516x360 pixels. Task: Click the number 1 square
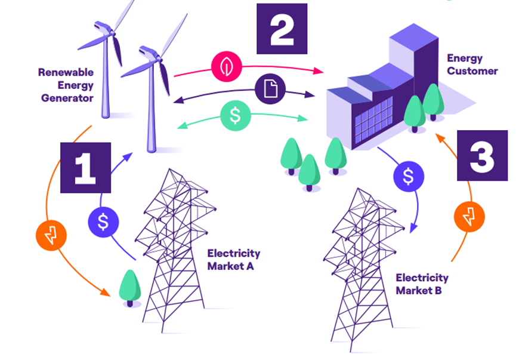(x=85, y=168)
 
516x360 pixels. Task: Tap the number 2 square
(x=282, y=29)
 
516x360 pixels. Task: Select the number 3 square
(x=483, y=155)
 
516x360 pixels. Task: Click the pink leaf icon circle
(x=227, y=66)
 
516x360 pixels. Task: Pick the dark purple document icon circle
(x=270, y=89)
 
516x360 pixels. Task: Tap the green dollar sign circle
(x=235, y=116)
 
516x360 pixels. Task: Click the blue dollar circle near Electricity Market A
(x=103, y=222)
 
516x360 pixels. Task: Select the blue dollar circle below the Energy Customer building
(x=409, y=176)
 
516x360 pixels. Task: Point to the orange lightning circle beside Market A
(x=51, y=235)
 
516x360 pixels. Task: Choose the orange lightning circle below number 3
(x=469, y=217)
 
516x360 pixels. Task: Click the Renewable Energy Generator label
(x=66, y=85)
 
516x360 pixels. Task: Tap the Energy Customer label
(x=472, y=64)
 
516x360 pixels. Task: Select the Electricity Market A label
(x=234, y=260)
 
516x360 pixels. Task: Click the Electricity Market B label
(x=422, y=284)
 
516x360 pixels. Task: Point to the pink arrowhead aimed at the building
(x=318, y=70)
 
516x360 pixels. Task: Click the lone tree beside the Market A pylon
(x=130, y=288)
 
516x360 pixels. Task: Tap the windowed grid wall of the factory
(x=373, y=119)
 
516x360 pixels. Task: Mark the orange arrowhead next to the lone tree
(x=105, y=292)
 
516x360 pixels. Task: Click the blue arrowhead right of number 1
(x=128, y=158)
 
